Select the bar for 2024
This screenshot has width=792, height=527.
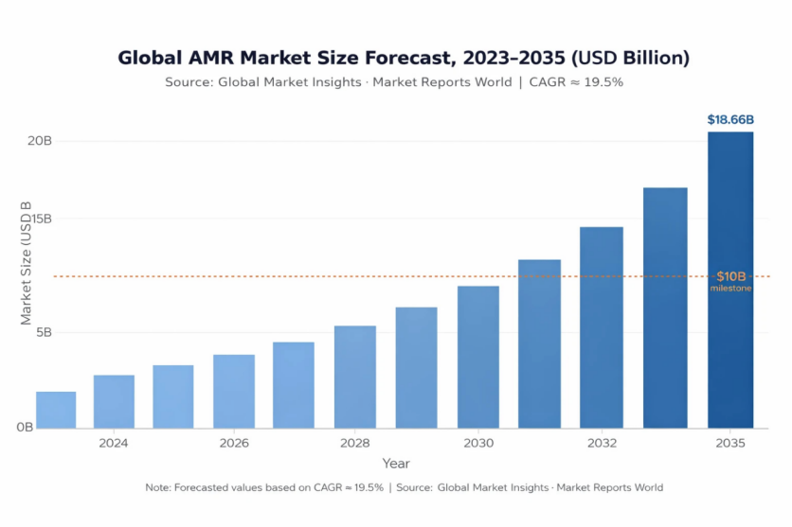[114, 402]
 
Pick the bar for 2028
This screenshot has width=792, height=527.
[355, 378]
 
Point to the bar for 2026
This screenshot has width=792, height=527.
[234, 392]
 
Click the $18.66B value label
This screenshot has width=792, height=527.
[730, 120]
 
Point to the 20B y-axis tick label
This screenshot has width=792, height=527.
[39, 141]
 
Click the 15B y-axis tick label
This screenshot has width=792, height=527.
[39, 219]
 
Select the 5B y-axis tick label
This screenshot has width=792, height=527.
[42, 333]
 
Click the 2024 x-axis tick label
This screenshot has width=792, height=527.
[114, 443]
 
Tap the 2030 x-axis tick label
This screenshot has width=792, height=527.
[478, 443]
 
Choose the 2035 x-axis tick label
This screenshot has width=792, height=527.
[730, 443]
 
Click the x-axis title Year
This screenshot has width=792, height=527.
[396, 464]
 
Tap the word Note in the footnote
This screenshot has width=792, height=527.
[157, 487]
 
